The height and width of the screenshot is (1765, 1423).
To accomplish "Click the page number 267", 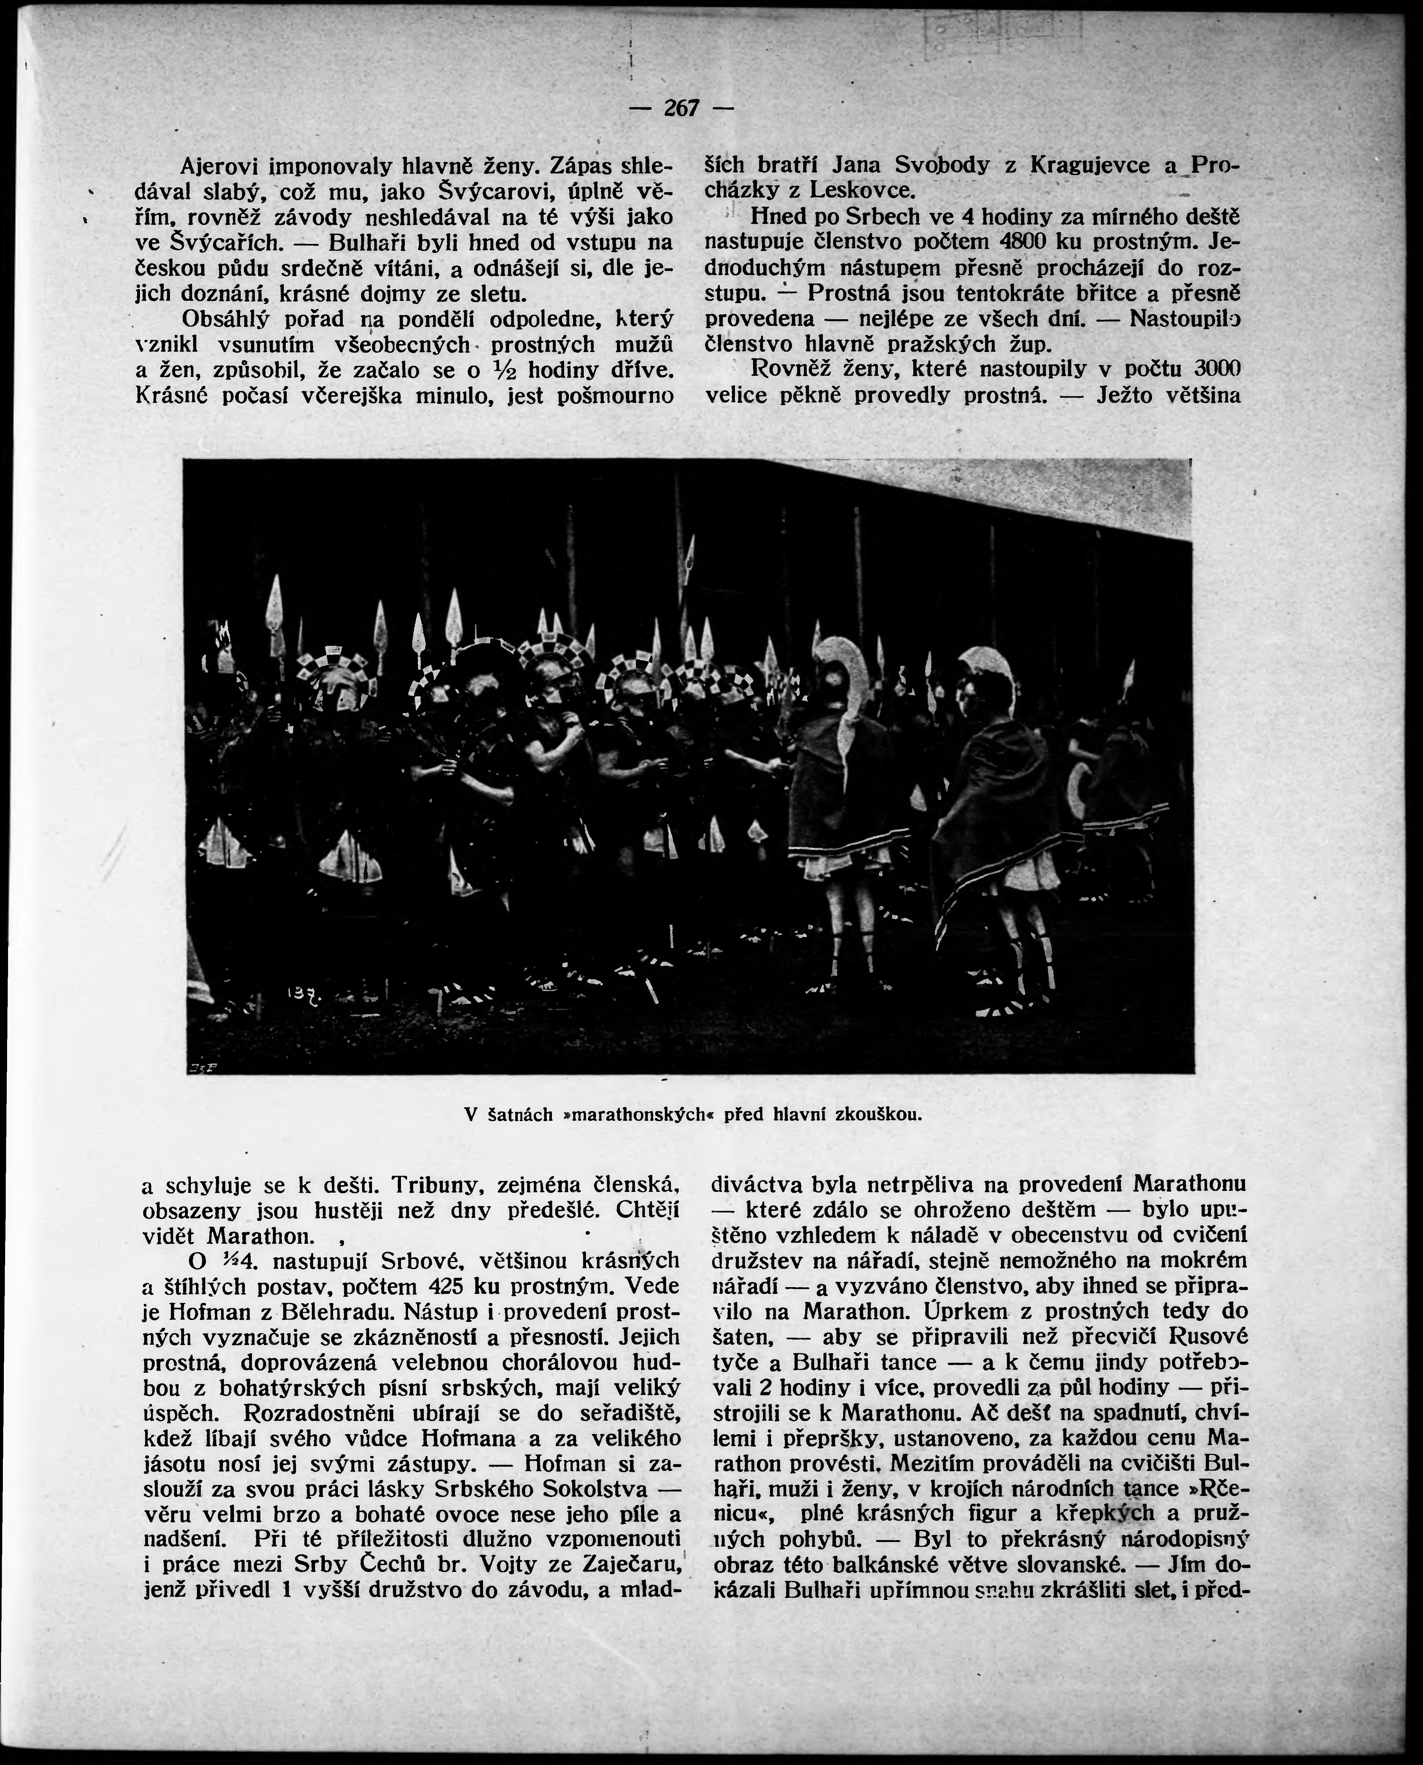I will point(680,108).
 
